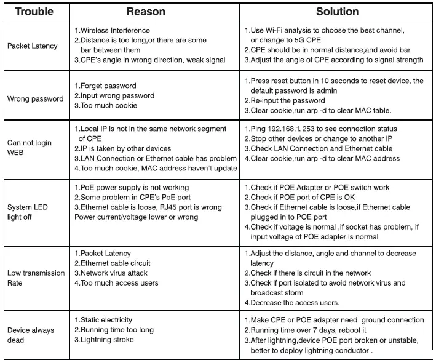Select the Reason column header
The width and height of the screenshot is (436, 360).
coord(146,11)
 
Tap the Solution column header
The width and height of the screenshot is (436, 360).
coord(336,11)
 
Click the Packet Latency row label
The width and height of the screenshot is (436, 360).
coord(32,46)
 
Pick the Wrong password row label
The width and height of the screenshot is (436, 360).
coord(35,98)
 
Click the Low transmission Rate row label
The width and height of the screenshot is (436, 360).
coord(35,278)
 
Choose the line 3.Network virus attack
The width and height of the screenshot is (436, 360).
coord(114,273)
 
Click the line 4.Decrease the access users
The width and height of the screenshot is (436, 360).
coord(292,303)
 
